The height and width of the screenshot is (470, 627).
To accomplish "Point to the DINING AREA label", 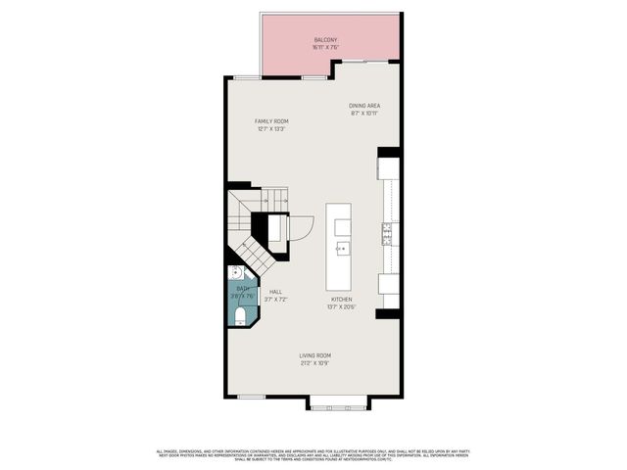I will [x=364, y=105].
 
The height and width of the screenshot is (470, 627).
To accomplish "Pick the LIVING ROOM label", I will [x=314, y=355].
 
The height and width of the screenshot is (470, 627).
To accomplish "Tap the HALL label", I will [x=276, y=292].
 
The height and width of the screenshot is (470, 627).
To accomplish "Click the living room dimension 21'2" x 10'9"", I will [x=314, y=363].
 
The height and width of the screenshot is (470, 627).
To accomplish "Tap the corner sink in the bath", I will [x=236, y=273].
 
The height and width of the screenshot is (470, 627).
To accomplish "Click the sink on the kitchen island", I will [x=342, y=249].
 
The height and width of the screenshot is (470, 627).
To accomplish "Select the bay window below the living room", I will [x=338, y=402].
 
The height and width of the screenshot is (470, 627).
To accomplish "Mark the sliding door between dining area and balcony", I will [x=366, y=61].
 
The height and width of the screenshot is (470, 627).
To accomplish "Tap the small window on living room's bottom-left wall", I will [x=252, y=396].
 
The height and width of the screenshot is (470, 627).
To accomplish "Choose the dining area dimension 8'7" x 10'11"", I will [x=364, y=113].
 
